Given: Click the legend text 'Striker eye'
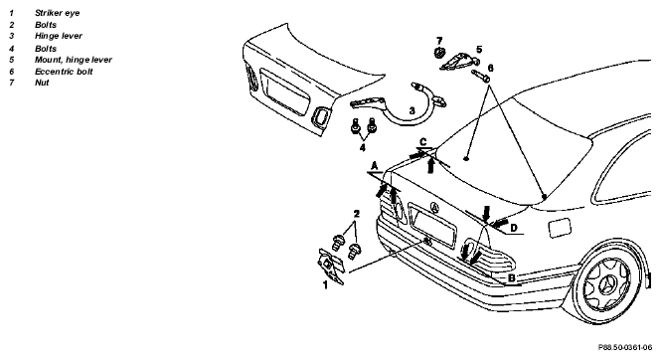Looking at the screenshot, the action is [x=57, y=13].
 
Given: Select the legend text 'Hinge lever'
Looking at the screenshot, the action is [x=59, y=36].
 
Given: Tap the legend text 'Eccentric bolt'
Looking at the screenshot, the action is [x=64, y=72].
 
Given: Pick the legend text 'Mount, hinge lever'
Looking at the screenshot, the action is [x=74, y=60].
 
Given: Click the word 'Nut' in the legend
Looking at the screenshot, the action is [x=42, y=83].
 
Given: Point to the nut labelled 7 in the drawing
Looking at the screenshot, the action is [x=438, y=53].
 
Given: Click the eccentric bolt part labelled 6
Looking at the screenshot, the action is [x=480, y=76].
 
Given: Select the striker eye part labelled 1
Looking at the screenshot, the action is [x=331, y=265].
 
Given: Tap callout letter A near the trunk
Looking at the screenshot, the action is [x=375, y=166].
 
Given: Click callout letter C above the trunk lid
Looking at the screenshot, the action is [x=423, y=141].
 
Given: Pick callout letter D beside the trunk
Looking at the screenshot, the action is [x=514, y=228].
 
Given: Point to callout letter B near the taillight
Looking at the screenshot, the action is [x=511, y=278].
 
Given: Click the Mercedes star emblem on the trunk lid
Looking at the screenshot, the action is [x=434, y=208].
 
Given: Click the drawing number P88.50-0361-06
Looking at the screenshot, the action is [x=625, y=347].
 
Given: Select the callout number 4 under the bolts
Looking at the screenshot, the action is [x=362, y=147].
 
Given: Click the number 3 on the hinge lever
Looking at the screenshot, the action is [x=412, y=110].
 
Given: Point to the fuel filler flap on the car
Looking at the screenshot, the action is [x=560, y=228].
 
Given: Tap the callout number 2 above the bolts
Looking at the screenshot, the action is [x=357, y=214].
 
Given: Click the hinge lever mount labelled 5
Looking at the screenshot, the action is [x=458, y=62].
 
